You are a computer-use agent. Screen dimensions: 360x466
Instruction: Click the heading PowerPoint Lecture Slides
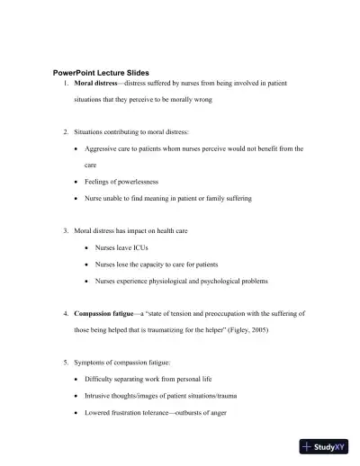click(x=101, y=72)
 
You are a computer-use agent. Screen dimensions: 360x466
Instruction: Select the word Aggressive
click(x=102, y=148)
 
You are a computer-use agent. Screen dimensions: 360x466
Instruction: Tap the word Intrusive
click(x=97, y=396)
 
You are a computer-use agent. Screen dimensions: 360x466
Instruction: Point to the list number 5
click(x=66, y=363)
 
